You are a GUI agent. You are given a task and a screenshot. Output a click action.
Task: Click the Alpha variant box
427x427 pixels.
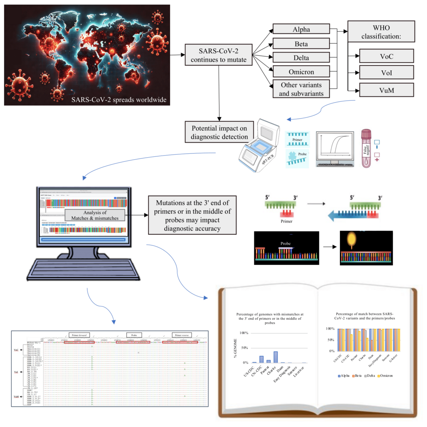300,29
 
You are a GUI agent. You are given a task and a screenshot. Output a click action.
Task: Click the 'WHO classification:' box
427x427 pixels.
381,31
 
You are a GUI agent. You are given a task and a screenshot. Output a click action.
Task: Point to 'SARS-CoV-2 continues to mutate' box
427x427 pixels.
220,55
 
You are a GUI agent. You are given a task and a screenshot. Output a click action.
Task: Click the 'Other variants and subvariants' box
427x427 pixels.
300,89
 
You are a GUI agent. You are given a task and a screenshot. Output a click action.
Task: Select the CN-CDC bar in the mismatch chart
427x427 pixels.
261,359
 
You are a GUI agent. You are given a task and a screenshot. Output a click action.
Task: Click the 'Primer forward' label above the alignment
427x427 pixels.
80,334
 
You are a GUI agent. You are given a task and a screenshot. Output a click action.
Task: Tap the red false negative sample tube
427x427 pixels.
366,148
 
